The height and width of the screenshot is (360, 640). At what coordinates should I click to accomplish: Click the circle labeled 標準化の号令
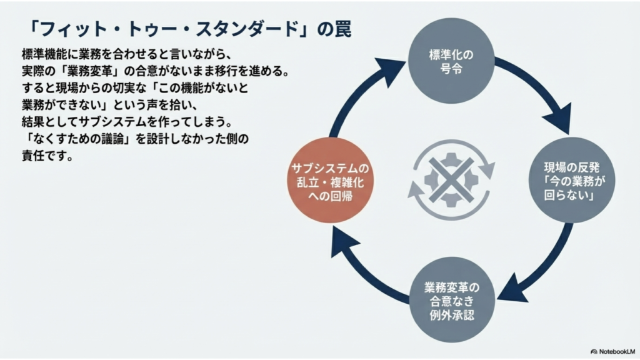pos(451,61)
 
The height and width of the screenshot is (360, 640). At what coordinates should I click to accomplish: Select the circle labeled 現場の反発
pos(571,180)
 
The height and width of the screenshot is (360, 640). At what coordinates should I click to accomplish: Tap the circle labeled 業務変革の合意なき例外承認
pos(452,300)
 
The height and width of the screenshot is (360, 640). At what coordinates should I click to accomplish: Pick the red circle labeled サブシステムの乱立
pos(330,180)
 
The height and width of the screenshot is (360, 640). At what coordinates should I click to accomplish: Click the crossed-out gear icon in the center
pos(451,180)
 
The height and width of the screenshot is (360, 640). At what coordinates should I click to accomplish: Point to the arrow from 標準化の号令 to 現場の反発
pos(543,86)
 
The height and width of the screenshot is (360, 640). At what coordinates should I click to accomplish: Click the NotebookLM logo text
pos(612,351)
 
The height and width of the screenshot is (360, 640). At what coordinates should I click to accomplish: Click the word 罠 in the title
pos(343,29)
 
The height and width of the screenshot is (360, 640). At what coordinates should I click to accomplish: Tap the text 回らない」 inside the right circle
pos(569,195)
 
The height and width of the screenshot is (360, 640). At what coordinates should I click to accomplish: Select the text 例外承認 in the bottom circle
pos(452,315)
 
